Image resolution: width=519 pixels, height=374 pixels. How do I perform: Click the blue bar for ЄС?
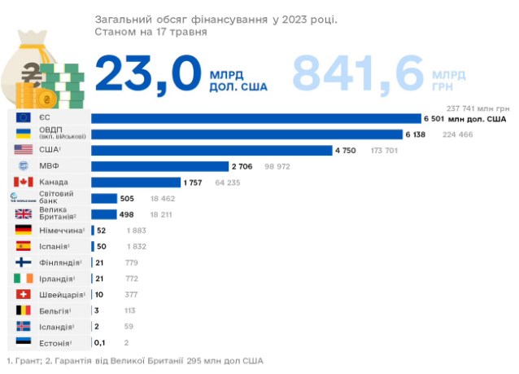point(255,119)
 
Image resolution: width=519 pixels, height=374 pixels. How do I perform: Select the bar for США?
point(212,151)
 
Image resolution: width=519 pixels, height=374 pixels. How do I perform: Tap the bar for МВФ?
point(159,166)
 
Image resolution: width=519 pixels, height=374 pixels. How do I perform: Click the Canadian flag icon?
point(24,183)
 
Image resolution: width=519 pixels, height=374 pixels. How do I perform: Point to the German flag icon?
point(24,231)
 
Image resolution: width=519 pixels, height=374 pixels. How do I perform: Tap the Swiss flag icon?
point(24,294)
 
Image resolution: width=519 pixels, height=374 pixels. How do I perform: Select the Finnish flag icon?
point(24,262)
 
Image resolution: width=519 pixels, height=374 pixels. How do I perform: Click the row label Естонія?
point(55,342)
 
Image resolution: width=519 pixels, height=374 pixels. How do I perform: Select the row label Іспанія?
point(55,246)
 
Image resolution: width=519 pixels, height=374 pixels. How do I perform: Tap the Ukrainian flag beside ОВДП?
point(24,134)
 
